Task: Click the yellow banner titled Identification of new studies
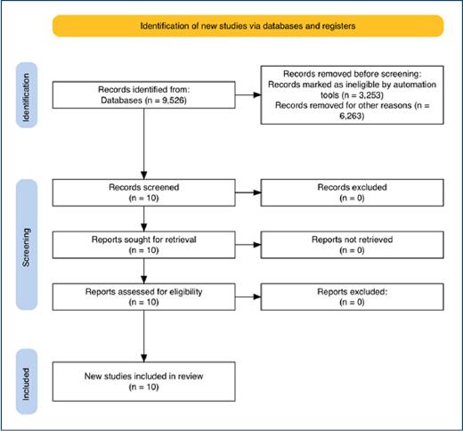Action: (x=248, y=26)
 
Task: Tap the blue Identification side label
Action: (x=27, y=95)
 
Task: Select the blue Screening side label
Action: (x=27, y=245)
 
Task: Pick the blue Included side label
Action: (x=27, y=382)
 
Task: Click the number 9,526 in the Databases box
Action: (x=174, y=101)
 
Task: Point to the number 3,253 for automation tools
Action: (x=370, y=95)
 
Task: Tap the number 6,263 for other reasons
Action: (x=352, y=116)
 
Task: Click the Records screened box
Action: (x=144, y=192)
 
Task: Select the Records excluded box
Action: (x=353, y=192)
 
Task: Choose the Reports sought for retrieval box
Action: (x=144, y=245)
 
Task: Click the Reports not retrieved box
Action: (x=353, y=245)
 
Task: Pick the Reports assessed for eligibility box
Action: (x=144, y=297)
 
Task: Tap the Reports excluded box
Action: (x=353, y=297)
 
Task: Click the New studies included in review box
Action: (x=144, y=382)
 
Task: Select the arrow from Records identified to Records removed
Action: (x=248, y=95)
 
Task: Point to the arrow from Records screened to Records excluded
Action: (x=248, y=192)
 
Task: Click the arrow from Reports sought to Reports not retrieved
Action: (x=248, y=245)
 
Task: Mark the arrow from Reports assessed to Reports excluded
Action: (x=248, y=297)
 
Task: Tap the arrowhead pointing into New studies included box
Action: (x=144, y=358)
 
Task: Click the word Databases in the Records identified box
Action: (x=122, y=101)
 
